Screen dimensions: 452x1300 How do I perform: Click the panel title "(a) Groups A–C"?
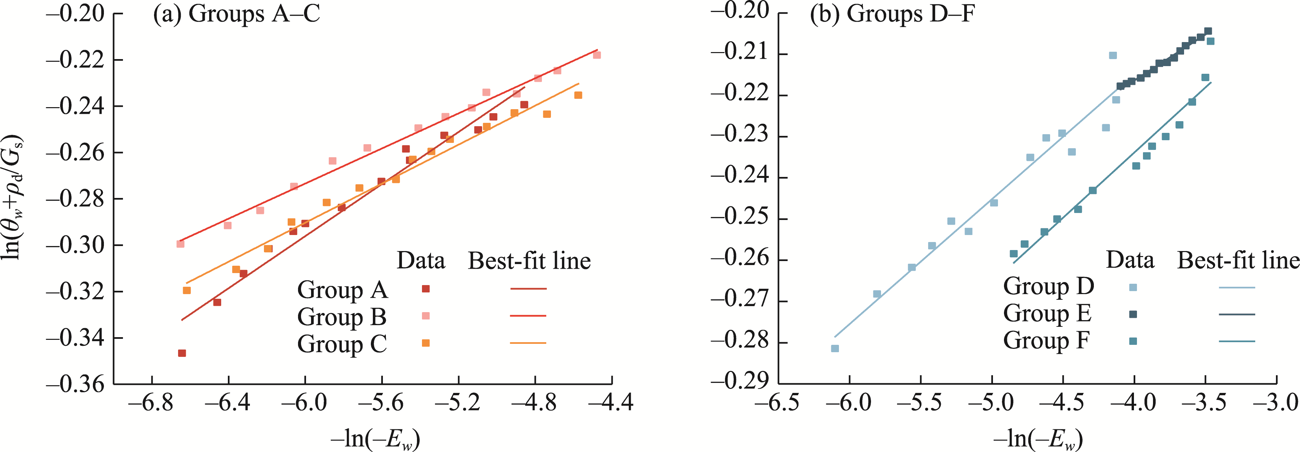click(x=236, y=14)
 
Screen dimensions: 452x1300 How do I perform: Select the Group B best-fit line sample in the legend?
click(x=528, y=316)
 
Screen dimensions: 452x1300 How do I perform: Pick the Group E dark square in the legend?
click(x=1133, y=314)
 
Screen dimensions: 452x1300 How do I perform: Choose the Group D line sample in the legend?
click(x=1237, y=287)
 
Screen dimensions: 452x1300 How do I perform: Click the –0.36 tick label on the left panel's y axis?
click(x=75, y=385)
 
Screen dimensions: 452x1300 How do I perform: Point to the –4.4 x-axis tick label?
click(x=612, y=404)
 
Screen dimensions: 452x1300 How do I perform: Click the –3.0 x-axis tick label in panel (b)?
click(x=1277, y=404)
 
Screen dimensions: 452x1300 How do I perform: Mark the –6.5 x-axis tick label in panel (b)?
click(x=778, y=404)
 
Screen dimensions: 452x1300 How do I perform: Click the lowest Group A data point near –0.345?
click(x=182, y=353)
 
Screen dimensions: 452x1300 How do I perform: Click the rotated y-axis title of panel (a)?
click(x=14, y=197)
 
